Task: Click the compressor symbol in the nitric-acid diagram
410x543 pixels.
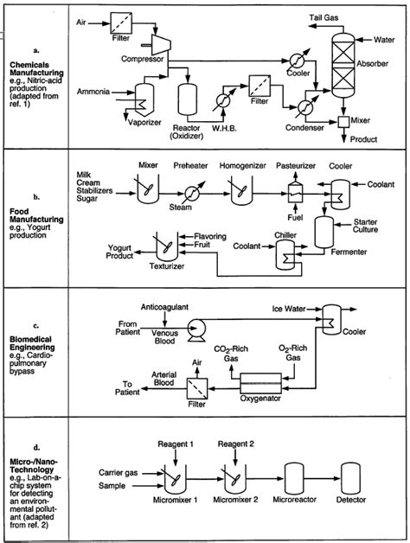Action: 159,45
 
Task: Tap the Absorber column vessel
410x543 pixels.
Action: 343,65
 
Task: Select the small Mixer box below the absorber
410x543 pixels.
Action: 343,121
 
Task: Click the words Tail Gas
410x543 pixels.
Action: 324,17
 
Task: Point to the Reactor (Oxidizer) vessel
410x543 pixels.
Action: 188,99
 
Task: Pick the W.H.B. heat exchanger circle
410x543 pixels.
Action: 223,100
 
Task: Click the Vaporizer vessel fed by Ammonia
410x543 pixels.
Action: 144,99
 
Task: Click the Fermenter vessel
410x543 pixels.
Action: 324,233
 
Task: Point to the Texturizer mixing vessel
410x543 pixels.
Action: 167,247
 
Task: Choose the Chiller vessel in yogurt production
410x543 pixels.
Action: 285,255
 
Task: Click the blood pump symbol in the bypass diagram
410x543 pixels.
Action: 196,329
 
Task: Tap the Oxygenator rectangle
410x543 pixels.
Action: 260,383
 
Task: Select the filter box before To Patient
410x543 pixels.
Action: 197,389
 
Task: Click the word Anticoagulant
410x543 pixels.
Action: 164,307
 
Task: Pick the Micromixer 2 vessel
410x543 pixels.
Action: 235,479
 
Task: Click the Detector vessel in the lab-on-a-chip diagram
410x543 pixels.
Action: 350,479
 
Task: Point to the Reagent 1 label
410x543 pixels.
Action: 176,444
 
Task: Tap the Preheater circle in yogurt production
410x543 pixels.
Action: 192,193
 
